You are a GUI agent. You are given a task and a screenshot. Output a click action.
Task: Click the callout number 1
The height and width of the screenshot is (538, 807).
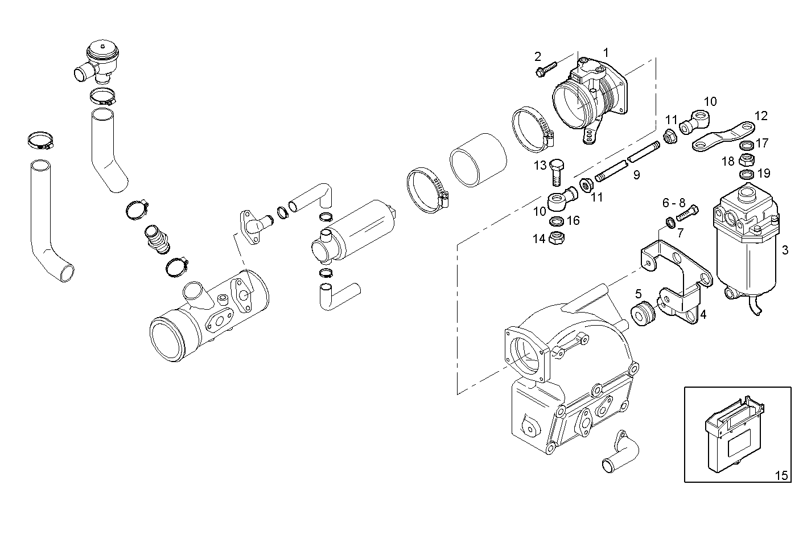click(x=606, y=53)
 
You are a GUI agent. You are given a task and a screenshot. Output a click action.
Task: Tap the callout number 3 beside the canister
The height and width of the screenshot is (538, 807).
click(x=785, y=250)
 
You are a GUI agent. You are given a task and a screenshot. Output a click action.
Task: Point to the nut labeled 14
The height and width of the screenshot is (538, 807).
click(x=556, y=238)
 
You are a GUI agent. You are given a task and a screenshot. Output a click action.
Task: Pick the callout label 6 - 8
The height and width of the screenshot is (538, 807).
click(x=673, y=203)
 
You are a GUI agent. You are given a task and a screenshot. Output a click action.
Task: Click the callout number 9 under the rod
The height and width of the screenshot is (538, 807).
click(x=636, y=175)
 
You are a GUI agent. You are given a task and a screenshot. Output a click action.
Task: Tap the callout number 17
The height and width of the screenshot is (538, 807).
click(x=762, y=143)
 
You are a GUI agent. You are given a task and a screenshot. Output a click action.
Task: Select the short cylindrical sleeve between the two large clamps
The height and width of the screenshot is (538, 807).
click(x=478, y=160)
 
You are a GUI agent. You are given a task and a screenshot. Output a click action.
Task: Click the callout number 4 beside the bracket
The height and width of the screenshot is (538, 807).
click(x=703, y=314)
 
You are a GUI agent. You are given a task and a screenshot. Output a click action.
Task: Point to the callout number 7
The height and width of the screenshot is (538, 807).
click(x=680, y=232)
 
